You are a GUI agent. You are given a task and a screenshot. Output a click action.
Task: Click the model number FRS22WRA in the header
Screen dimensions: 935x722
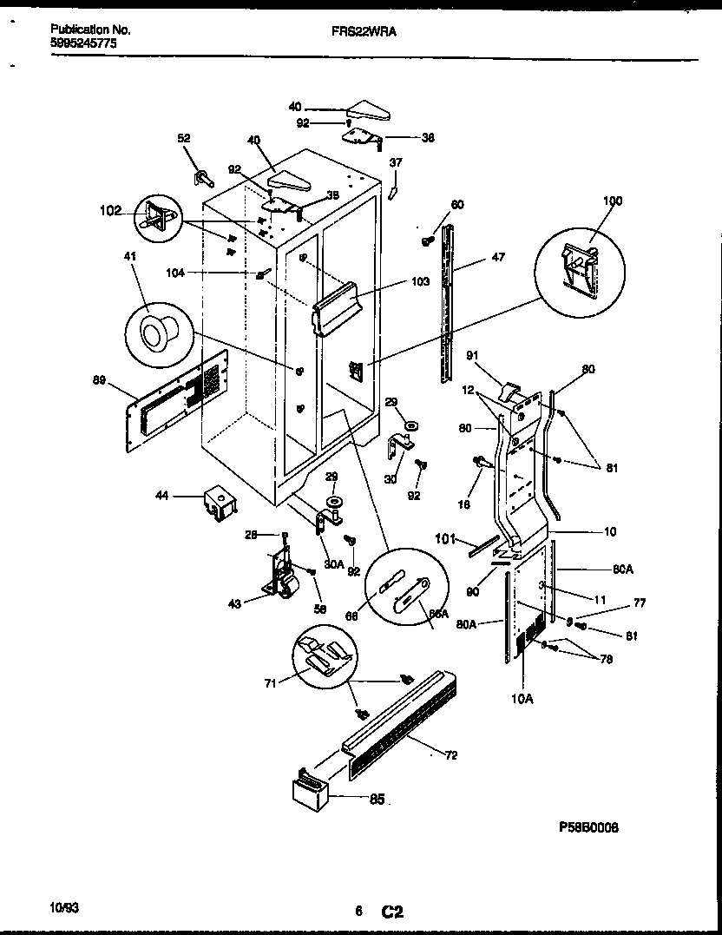(358, 29)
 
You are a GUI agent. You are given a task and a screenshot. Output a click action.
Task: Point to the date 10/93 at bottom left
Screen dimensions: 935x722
(64, 908)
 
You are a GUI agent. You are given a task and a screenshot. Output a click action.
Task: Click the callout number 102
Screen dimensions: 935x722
(112, 209)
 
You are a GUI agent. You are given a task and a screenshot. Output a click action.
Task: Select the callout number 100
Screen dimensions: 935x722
(613, 201)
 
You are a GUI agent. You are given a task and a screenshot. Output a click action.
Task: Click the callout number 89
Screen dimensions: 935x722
(101, 379)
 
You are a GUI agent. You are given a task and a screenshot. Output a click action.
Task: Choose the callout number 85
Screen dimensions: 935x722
(377, 800)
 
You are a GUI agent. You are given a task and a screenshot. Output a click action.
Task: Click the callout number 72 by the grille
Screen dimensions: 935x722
(450, 755)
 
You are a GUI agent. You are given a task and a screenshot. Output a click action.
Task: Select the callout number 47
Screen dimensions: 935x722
(497, 258)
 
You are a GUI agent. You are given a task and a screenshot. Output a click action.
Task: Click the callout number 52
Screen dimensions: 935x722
(184, 138)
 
